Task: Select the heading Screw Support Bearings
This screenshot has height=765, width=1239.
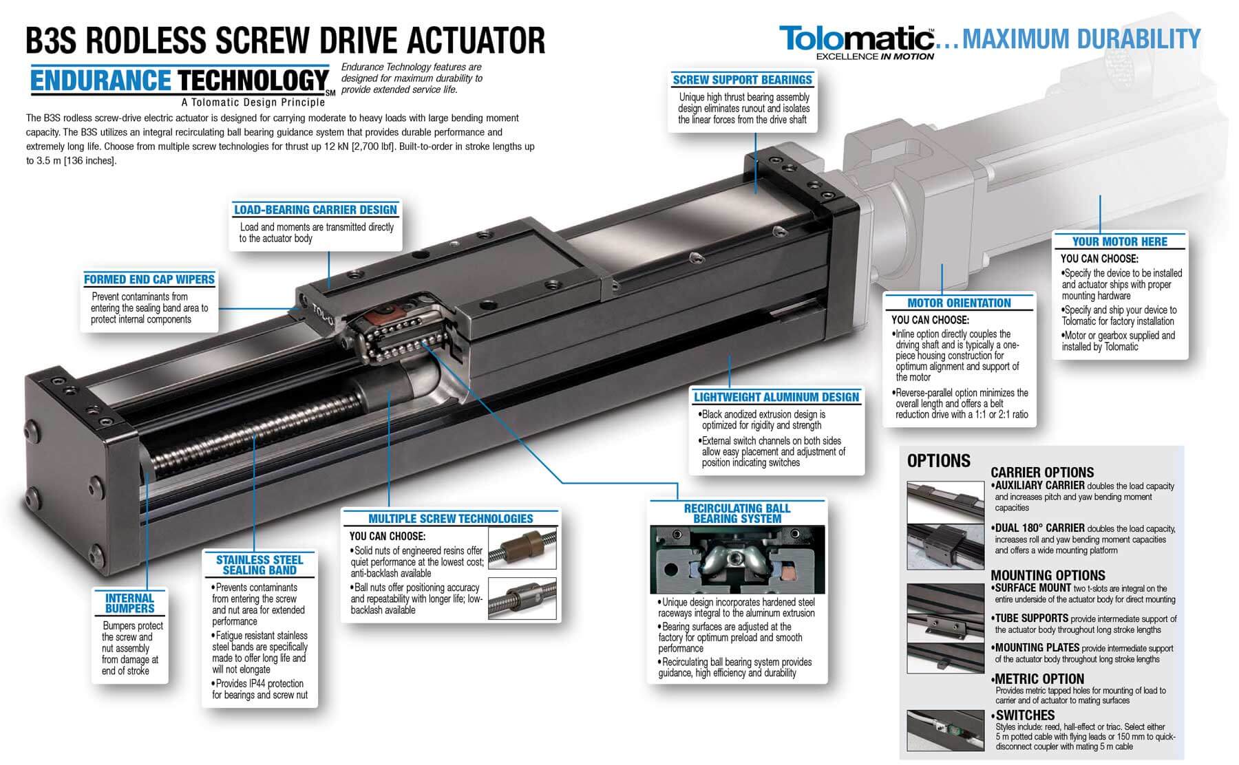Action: point(742,80)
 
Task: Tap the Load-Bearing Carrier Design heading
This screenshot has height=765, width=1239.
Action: point(315,210)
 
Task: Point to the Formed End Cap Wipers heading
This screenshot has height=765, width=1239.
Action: point(149,279)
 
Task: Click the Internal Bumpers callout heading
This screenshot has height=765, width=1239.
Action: point(129,603)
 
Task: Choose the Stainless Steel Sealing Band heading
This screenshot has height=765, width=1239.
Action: point(260,565)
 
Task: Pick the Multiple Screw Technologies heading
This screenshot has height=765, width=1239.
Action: point(450,519)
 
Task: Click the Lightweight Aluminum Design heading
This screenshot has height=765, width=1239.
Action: point(776,397)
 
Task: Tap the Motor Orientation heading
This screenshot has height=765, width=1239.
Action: point(959,303)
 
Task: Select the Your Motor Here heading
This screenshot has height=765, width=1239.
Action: point(1119,241)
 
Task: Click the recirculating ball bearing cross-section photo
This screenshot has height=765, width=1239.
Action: point(737,560)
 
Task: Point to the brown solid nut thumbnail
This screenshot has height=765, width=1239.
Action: point(522,548)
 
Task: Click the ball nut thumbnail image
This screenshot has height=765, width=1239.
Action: point(522,599)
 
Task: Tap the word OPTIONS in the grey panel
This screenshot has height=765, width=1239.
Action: point(939,461)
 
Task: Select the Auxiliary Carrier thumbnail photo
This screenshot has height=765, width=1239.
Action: point(945,502)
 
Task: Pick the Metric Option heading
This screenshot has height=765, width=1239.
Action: point(1039,679)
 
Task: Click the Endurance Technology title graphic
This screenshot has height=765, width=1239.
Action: point(179,81)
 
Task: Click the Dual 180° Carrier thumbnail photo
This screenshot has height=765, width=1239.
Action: point(945,545)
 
